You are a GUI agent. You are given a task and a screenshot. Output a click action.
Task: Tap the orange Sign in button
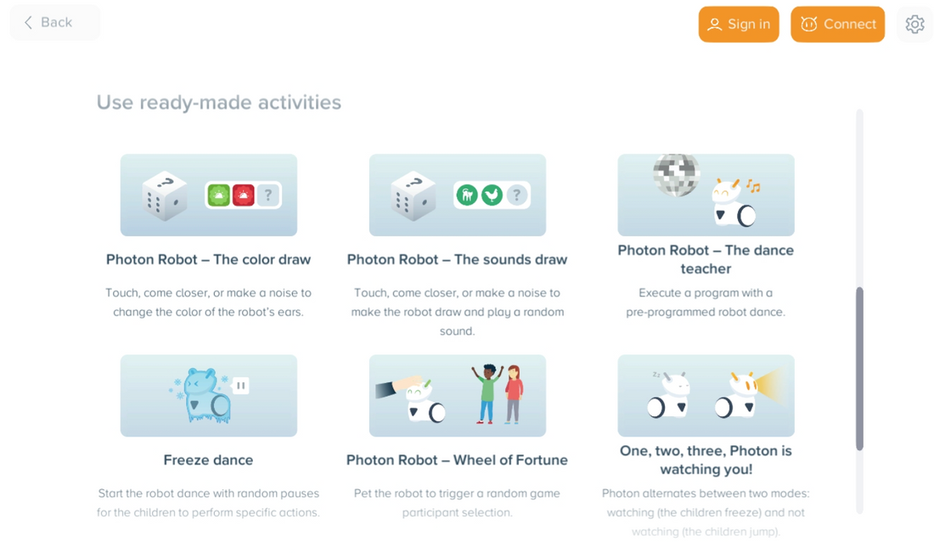click(739, 25)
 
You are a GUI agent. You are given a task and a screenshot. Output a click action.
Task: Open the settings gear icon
click(915, 25)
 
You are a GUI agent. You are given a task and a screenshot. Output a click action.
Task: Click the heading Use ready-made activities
click(218, 103)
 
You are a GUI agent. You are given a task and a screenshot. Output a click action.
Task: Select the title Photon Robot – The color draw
click(209, 260)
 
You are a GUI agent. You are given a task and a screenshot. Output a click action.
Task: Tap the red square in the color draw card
click(244, 195)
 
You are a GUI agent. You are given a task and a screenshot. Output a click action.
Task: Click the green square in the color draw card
click(218, 195)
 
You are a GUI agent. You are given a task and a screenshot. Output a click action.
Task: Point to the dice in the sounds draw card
click(413, 196)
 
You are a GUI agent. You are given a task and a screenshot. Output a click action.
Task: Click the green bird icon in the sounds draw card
click(492, 195)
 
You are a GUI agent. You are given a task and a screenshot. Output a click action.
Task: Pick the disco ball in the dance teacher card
click(676, 175)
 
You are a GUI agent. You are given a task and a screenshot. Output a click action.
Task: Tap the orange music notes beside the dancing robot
click(753, 186)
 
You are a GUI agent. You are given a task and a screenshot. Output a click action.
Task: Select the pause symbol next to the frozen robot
click(240, 386)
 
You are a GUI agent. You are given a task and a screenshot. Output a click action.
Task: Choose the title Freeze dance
click(209, 460)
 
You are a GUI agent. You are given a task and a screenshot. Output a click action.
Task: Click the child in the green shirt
click(488, 393)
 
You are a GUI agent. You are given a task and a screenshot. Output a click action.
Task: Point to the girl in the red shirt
click(513, 394)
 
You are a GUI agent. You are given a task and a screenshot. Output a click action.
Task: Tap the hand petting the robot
click(398, 387)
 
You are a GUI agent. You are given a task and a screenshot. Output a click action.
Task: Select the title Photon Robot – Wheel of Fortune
click(457, 460)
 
